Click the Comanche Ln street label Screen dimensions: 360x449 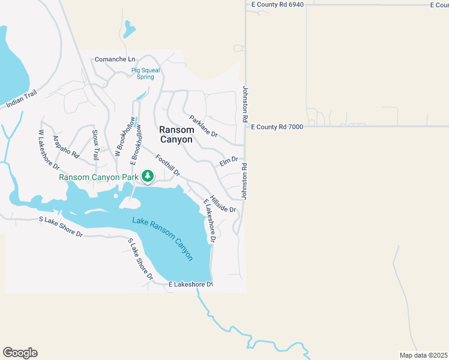[115, 59]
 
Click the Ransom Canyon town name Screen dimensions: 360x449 [176, 134]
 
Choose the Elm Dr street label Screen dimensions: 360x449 [229, 161]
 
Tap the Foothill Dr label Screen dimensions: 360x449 [167, 166]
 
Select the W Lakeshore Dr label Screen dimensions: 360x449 [49, 148]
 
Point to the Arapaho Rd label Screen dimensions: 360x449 [66, 146]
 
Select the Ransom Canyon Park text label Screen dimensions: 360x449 [98, 177]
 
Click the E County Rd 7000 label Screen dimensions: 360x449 [277, 127]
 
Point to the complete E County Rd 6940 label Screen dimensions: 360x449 [277, 4]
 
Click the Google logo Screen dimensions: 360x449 [20, 353]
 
